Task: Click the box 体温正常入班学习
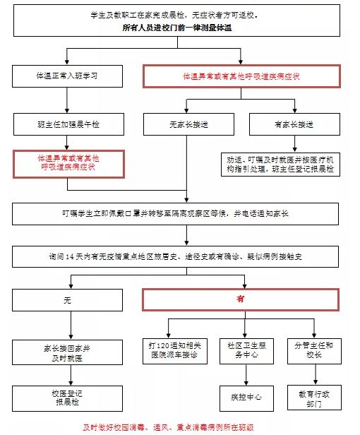(67, 76)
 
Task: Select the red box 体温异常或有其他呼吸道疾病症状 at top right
(241, 76)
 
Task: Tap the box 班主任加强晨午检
(67, 124)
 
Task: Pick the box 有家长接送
(294, 124)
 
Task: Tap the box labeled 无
(68, 299)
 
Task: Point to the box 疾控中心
(246, 398)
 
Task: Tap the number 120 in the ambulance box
(167, 346)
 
